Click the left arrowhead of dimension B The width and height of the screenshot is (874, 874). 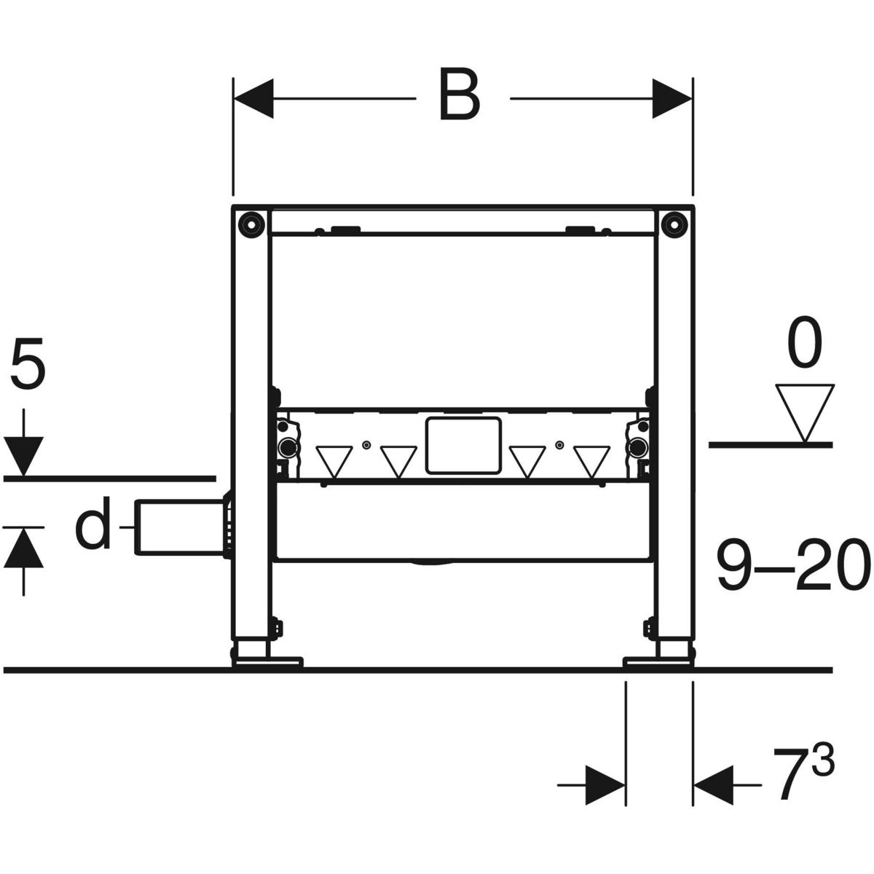(253, 98)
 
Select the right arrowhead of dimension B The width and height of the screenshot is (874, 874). (672, 98)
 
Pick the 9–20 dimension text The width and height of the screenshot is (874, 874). (792, 565)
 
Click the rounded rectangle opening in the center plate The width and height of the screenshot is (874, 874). (463, 444)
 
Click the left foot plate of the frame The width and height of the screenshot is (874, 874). (267, 661)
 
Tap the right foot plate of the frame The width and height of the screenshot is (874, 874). (658, 661)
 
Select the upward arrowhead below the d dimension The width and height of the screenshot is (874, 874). (25, 546)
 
